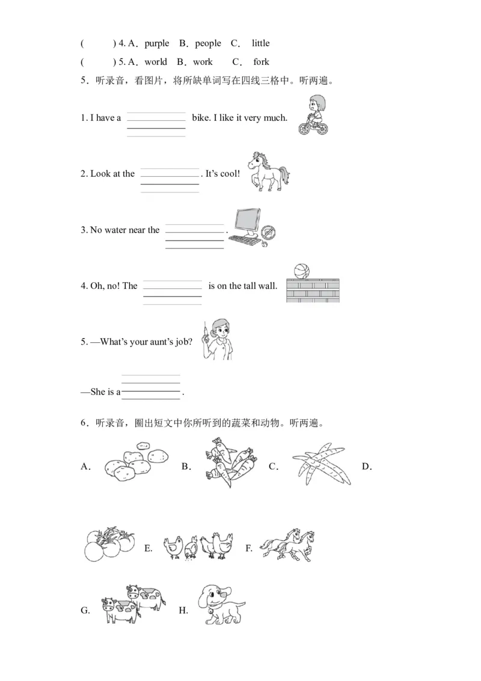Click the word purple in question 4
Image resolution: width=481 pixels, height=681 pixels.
pyautogui.click(x=157, y=43)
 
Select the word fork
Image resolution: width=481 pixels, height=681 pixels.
pyautogui.click(x=261, y=62)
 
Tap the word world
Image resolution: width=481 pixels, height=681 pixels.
pyautogui.click(x=156, y=62)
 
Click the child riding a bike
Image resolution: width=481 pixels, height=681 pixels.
pyautogui.click(x=314, y=115)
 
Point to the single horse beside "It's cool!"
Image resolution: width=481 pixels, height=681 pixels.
pyautogui.click(x=268, y=171)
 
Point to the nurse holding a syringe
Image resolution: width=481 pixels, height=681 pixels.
pyautogui.click(x=217, y=340)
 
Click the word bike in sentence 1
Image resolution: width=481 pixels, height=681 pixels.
pyautogui.click(x=201, y=118)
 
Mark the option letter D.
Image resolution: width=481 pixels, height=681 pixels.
pyautogui.click(x=367, y=467)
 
